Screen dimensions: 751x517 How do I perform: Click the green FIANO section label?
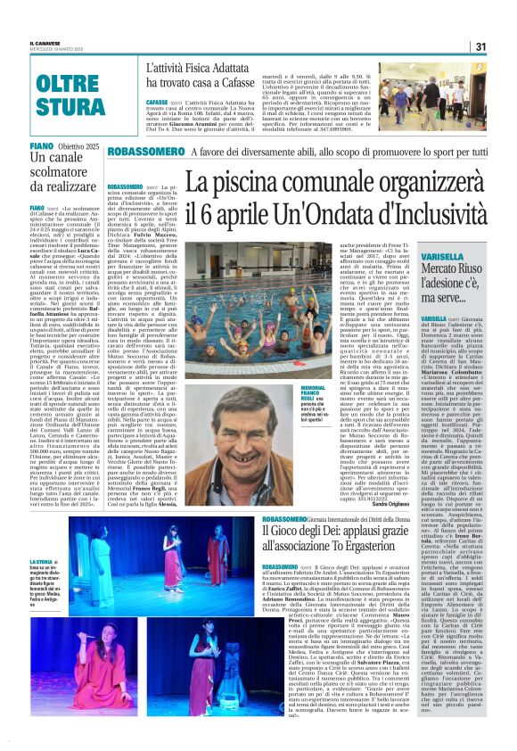(x=41, y=145)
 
